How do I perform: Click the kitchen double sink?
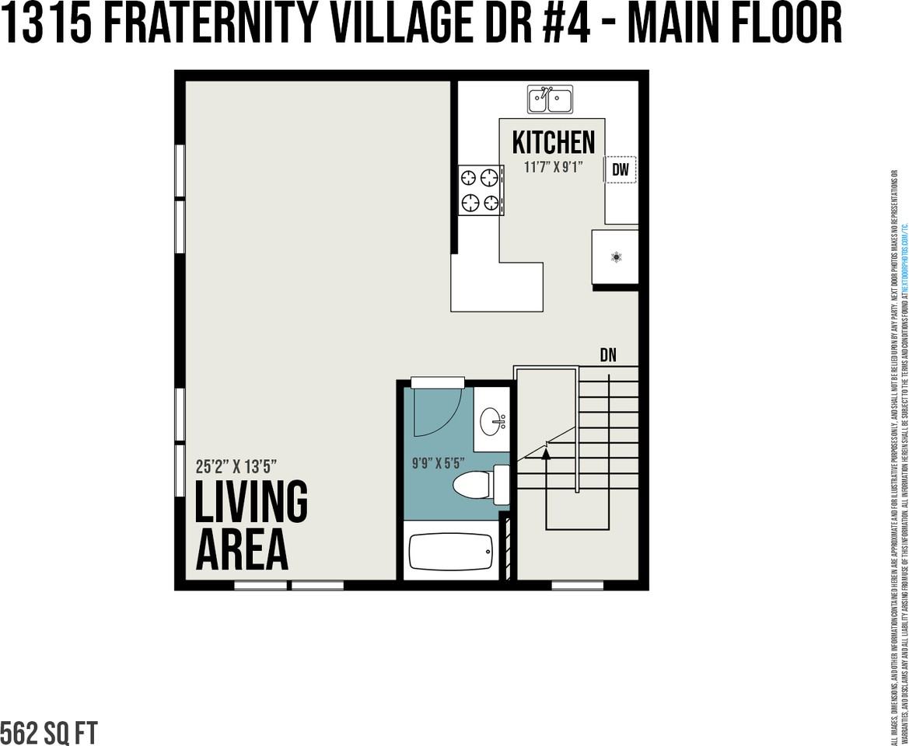coord(551,99)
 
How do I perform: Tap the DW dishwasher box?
coord(620,169)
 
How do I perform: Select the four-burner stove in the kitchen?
coord(480,190)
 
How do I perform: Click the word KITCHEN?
coord(553,142)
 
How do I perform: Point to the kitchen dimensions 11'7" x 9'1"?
coord(553,166)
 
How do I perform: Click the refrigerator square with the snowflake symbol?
coord(615,256)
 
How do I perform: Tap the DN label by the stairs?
coord(608,355)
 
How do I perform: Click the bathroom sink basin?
coord(491,424)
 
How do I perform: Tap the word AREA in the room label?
coord(242,550)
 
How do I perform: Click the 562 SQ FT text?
coord(49,733)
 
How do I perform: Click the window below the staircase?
coord(577,585)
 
